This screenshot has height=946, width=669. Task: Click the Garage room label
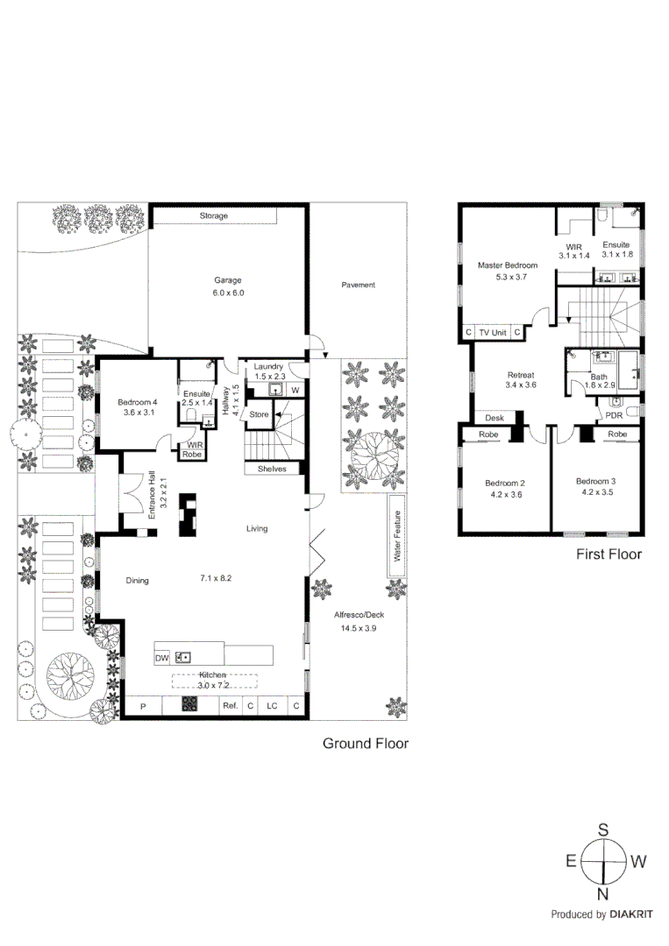click(x=228, y=281)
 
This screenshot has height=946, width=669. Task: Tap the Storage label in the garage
click(x=213, y=215)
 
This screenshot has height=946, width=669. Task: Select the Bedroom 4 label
click(x=138, y=402)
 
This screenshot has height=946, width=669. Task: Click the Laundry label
click(x=269, y=366)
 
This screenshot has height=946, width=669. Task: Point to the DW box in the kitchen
click(x=162, y=657)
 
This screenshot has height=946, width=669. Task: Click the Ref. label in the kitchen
click(x=230, y=706)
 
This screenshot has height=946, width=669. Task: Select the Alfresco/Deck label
click(x=359, y=615)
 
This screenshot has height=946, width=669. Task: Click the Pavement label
click(x=358, y=285)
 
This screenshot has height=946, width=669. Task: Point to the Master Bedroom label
click(x=508, y=265)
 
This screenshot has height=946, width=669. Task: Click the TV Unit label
click(x=493, y=333)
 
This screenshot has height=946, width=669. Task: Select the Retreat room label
click(x=520, y=376)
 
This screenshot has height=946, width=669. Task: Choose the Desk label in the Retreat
click(x=495, y=418)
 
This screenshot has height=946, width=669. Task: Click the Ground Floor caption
click(x=366, y=744)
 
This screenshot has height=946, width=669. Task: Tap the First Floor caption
click(x=609, y=554)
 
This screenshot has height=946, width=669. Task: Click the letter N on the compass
click(x=603, y=893)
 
